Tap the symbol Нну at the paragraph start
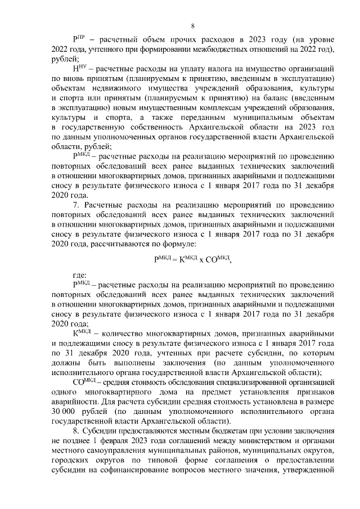click(x=78, y=69)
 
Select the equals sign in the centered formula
click(x=174, y=259)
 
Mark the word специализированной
click(x=299, y=382)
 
